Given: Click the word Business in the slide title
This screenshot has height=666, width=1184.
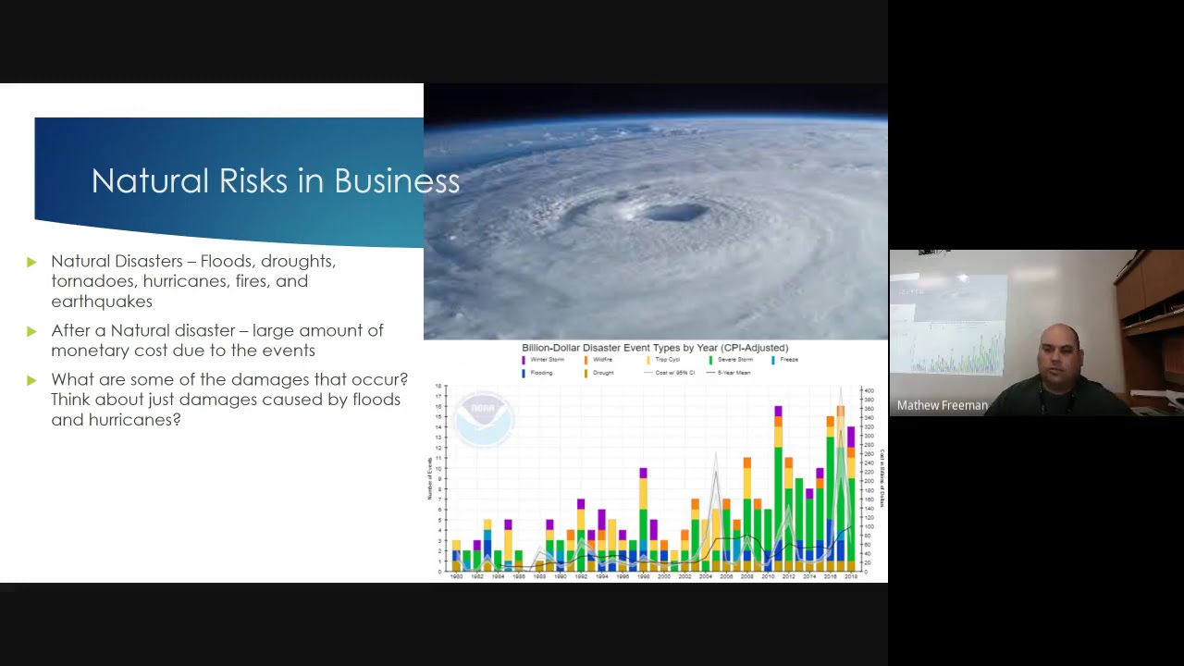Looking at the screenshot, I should coord(397,181).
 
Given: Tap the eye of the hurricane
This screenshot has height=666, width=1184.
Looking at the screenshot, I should coord(672,212).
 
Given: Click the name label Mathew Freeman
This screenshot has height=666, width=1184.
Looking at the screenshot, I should coord(942,405).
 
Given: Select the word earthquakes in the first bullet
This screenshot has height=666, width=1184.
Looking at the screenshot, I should coord(102,302).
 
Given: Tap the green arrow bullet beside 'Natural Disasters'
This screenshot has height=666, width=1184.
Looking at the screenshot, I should coord(32,262).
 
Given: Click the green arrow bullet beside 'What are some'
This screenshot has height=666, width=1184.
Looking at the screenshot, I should coord(32,380).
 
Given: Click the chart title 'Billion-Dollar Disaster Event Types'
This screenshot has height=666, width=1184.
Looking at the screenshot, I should coord(654,348).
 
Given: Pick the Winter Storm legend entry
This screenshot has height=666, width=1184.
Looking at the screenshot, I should coord(546,360).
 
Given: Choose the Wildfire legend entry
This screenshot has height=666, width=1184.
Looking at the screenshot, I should coord(601,360).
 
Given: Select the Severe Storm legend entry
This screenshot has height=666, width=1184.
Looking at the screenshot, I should coord(734,360).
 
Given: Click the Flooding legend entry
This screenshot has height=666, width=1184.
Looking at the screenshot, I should coord(540,373).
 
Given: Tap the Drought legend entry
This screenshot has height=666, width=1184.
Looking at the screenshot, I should coord(601,373).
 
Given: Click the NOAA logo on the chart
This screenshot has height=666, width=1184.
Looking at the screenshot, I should coord(484,419).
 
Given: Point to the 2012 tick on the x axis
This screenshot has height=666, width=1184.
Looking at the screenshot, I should coord(788,576).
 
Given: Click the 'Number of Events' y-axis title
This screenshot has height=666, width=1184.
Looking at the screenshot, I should coord(429,478).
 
